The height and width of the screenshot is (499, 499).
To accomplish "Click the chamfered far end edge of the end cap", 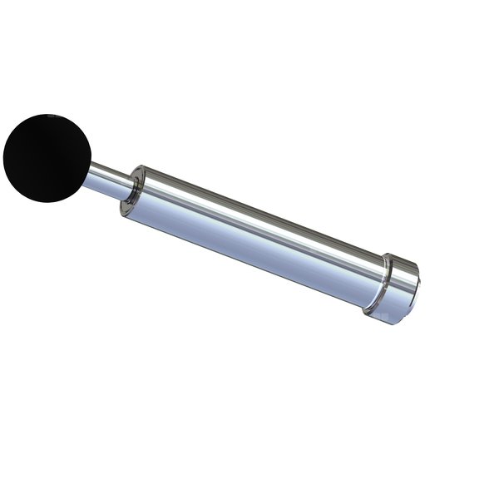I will click(x=413, y=291).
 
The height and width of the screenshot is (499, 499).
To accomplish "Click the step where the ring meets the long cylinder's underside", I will click(x=366, y=309).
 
